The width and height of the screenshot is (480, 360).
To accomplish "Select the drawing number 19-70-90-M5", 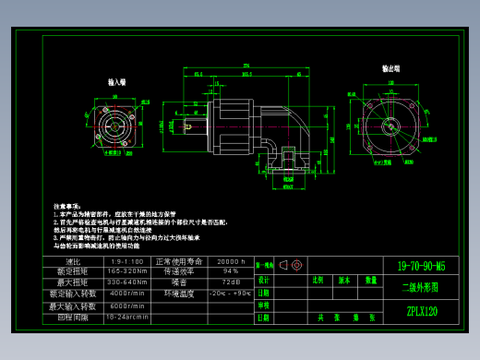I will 421,265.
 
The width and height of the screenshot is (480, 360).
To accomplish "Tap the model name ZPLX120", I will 421,311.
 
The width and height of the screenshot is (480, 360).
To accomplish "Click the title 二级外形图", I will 421,287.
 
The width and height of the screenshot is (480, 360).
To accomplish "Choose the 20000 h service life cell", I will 230,262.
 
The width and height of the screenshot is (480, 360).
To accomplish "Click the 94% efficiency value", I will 230,271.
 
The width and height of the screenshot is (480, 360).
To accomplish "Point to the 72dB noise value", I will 230,282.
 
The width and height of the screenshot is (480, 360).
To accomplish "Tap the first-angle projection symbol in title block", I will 291,265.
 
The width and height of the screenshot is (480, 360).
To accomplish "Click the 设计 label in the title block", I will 263,279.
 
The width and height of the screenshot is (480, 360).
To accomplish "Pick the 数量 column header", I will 370,279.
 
